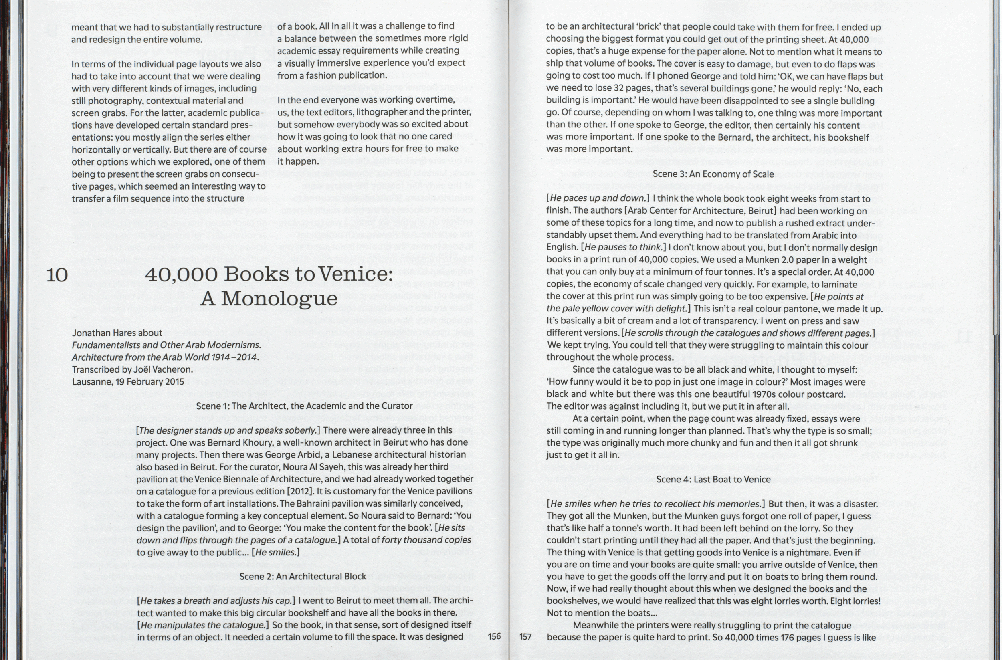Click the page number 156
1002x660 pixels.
(494, 636)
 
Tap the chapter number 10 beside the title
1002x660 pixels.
(57, 275)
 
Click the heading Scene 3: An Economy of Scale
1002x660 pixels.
(713, 174)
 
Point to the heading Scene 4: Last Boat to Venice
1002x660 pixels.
(713, 479)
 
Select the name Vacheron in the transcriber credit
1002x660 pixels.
(173, 369)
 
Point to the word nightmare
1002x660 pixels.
(824, 552)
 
